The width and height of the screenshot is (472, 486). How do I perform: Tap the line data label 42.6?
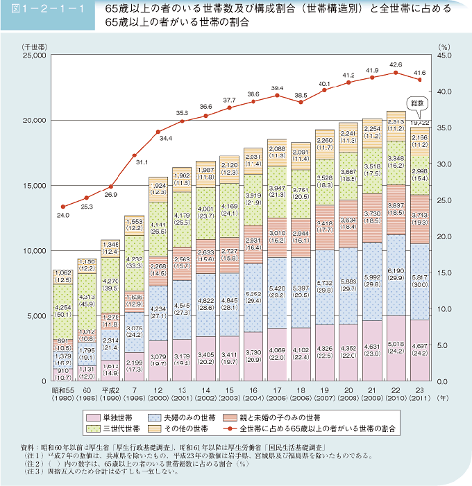pos(396,63)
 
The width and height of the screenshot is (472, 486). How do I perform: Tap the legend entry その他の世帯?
pos(195,429)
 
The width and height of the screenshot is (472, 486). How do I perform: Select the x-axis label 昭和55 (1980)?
pos(63,394)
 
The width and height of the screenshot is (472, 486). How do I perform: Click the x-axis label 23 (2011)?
pos(419,394)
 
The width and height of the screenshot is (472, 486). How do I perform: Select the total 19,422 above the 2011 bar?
pos(419,122)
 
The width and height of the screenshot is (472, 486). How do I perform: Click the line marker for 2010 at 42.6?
pos(396,72)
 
